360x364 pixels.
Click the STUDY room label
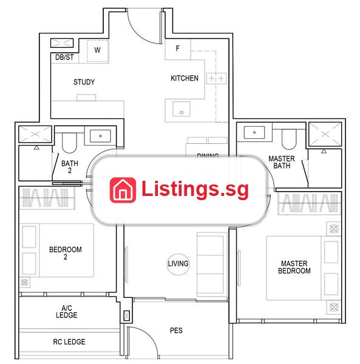click(x=84, y=82)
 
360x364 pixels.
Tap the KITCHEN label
click(x=185, y=78)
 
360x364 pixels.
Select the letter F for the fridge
click(x=178, y=49)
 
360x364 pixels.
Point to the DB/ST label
click(x=64, y=57)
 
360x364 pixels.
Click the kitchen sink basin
click(x=182, y=109)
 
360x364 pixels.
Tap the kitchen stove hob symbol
click(x=216, y=78)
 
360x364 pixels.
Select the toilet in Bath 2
click(x=69, y=143)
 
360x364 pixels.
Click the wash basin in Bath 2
click(x=100, y=136)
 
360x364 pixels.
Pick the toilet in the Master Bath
click(x=289, y=139)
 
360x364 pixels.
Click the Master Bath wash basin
click(x=254, y=132)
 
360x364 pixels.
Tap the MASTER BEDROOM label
click(x=294, y=267)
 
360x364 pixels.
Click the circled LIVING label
click(x=178, y=264)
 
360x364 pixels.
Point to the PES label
click(x=176, y=331)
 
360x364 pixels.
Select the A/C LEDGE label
click(x=66, y=312)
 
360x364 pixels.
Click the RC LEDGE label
click(x=69, y=342)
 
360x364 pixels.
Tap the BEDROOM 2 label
click(x=66, y=253)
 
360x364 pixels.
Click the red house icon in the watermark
click(x=123, y=190)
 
